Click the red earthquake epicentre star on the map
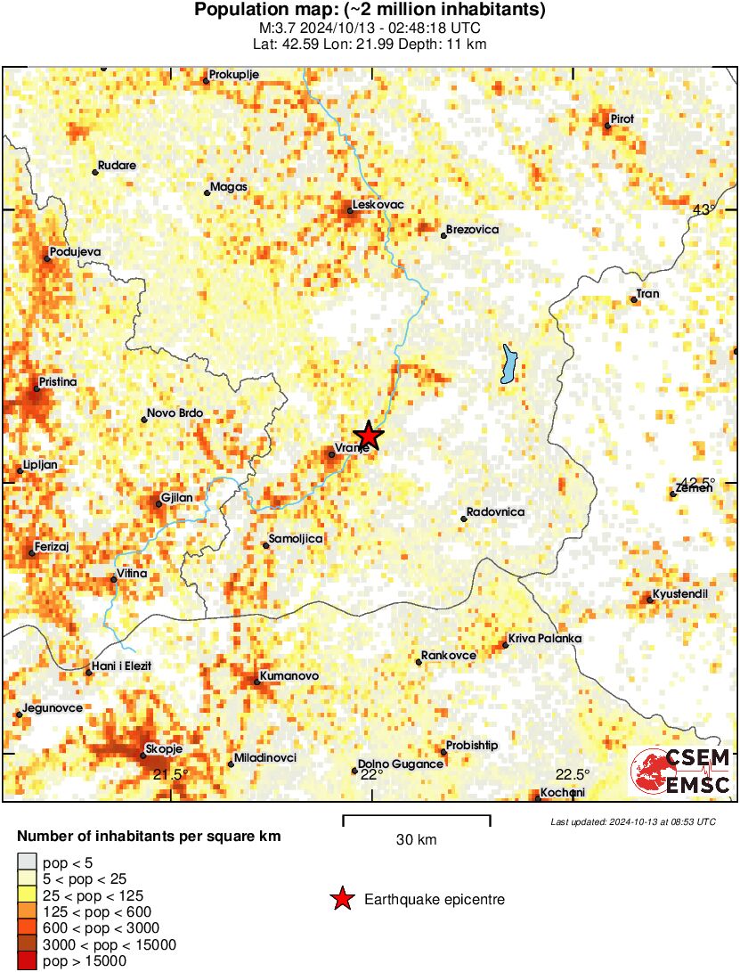point(368,436)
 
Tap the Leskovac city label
point(378,205)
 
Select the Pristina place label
point(55,381)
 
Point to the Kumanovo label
point(289,676)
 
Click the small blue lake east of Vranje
point(508,364)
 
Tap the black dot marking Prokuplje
point(206,80)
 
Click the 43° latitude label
point(703,210)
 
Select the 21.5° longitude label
point(170,773)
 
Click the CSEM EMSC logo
point(680,772)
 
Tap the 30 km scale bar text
point(416,839)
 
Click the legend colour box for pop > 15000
point(28,960)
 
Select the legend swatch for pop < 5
point(28,862)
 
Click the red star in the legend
point(342,900)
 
